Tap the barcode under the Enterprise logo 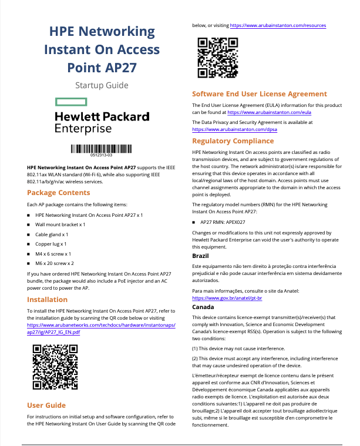click(x=102, y=149)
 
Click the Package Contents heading click(x=59, y=193)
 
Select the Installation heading click(x=47, y=299)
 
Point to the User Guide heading click(x=46, y=405)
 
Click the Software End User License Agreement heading click(x=260, y=94)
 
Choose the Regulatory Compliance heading click(x=233, y=141)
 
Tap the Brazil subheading click(x=201, y=256)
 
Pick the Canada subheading click(x=203, y=307)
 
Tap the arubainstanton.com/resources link click(x=278, y=26)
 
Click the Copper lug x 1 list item click(x=51, y=243)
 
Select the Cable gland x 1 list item click(x=52, y=234)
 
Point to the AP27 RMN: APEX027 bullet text click(x=223, y=223)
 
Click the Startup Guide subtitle click(x=102, y=85)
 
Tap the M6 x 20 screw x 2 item click(x=55, y=263)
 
